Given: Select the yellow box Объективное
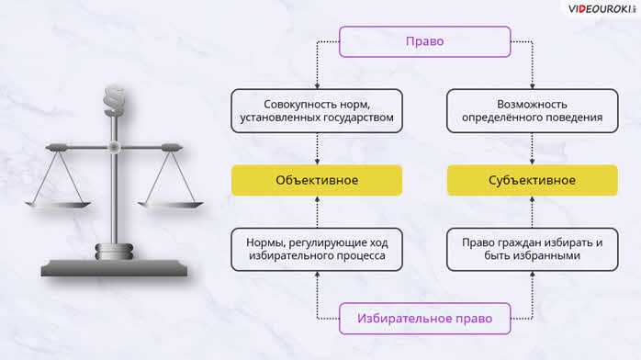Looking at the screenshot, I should click(316, 180).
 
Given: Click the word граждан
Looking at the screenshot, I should click(524, 242).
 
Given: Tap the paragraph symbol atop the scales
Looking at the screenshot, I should click(114, 96).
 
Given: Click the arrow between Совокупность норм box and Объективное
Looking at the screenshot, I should click(316, 147).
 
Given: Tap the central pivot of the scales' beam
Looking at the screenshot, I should click(114, 146).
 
